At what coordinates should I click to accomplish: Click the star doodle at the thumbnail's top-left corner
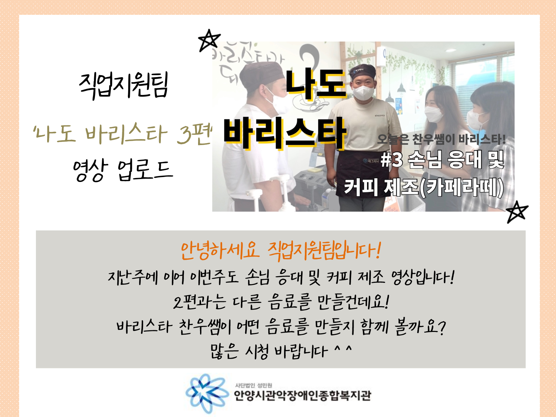(x=209, y=40)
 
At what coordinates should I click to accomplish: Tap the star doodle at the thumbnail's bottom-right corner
(x=517, y=212)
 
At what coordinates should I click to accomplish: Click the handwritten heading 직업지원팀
(x=124, y=85)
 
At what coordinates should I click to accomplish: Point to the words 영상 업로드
(x=123, y=169)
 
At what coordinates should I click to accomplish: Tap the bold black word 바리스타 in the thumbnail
(x=285, y=133)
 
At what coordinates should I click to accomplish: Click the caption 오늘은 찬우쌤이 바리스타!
(x=441, y=139)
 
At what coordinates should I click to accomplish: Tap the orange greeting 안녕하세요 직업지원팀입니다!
(x=281, y=251)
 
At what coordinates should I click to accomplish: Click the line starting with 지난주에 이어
(x=281, y=277)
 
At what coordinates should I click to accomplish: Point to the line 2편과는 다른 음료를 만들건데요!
(x=281, y=302)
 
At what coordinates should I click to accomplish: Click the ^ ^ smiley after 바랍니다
(x=343, y=348)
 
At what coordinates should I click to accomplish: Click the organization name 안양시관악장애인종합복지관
(x=303, y=395)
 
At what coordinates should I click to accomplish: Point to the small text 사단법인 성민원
(x=253, y=385)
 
